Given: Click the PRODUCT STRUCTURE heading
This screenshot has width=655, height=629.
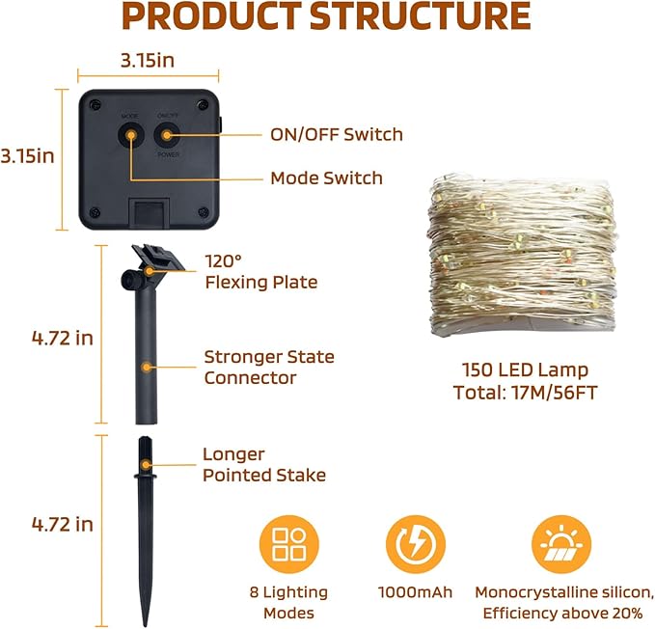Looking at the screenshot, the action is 326,15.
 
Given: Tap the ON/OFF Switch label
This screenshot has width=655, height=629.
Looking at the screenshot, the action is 337,134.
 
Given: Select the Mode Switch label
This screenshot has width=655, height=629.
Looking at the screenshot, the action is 327,178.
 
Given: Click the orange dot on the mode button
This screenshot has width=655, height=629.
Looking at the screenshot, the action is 131,135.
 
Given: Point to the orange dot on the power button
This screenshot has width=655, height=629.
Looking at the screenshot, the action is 167,135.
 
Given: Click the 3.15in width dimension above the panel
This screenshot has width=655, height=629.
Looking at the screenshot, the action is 148,61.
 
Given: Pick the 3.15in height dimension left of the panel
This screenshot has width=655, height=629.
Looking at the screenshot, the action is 28,156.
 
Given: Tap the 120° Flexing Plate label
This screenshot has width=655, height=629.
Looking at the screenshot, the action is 261,271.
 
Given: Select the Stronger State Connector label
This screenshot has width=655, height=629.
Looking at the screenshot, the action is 269,368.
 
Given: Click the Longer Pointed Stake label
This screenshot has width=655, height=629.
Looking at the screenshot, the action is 264,464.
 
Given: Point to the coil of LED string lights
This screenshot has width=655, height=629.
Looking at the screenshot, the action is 523,255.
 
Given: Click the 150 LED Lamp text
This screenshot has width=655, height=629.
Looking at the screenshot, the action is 525,370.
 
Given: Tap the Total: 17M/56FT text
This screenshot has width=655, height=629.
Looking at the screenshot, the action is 525,393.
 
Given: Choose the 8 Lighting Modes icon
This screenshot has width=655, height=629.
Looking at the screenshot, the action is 289,545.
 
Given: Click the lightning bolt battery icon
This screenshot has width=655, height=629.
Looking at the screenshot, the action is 416,545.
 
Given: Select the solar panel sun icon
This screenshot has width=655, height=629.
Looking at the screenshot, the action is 561,545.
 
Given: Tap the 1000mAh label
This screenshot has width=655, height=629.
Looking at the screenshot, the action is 415,592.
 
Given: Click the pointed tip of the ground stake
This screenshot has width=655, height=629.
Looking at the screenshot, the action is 146,625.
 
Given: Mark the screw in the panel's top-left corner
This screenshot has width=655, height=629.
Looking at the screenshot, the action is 96,104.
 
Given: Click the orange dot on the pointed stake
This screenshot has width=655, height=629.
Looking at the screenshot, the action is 146,464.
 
